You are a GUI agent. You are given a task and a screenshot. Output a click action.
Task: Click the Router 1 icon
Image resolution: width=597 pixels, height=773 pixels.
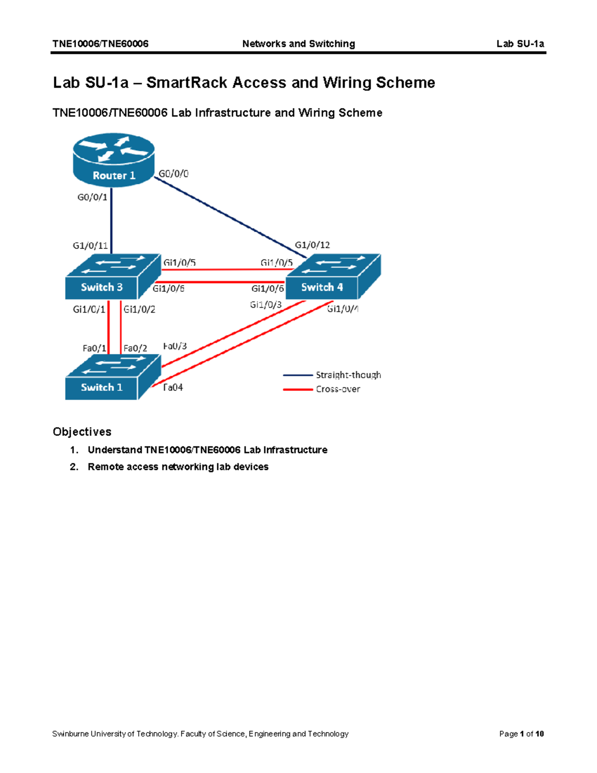114,159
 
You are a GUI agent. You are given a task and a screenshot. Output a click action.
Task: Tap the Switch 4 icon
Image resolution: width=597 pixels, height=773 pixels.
333,277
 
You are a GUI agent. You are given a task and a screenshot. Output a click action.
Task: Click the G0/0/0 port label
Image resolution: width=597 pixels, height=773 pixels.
174,174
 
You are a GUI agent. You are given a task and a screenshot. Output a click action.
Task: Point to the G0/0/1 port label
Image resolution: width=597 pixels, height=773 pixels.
92,197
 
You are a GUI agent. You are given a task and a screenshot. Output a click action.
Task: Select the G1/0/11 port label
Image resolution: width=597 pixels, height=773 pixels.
90,245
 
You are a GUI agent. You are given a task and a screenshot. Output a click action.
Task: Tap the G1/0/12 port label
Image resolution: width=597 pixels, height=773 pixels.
312,245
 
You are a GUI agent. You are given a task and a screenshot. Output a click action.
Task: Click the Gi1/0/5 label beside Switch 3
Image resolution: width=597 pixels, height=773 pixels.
180,262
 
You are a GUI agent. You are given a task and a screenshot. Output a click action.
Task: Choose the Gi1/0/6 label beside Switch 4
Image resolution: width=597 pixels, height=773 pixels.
268,289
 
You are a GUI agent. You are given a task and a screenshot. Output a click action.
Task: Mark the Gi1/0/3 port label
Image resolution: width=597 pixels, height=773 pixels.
266,305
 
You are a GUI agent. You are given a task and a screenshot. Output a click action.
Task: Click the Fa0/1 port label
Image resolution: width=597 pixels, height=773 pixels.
95,348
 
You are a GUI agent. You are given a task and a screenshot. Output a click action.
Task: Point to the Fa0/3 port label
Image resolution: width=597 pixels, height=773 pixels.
175,346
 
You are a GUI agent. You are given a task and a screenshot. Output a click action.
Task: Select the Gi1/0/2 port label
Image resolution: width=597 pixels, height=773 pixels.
139,309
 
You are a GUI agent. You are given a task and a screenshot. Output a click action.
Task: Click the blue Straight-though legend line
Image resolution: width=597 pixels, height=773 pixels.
298,375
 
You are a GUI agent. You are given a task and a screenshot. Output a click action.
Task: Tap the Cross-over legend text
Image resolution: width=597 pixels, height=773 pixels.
338,389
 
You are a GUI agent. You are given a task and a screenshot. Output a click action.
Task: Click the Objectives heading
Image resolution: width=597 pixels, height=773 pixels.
82,432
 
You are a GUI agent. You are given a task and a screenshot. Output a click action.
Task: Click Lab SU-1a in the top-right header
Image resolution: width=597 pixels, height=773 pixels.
520,44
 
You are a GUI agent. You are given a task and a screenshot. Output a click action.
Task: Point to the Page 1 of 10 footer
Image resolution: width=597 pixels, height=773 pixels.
521,734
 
